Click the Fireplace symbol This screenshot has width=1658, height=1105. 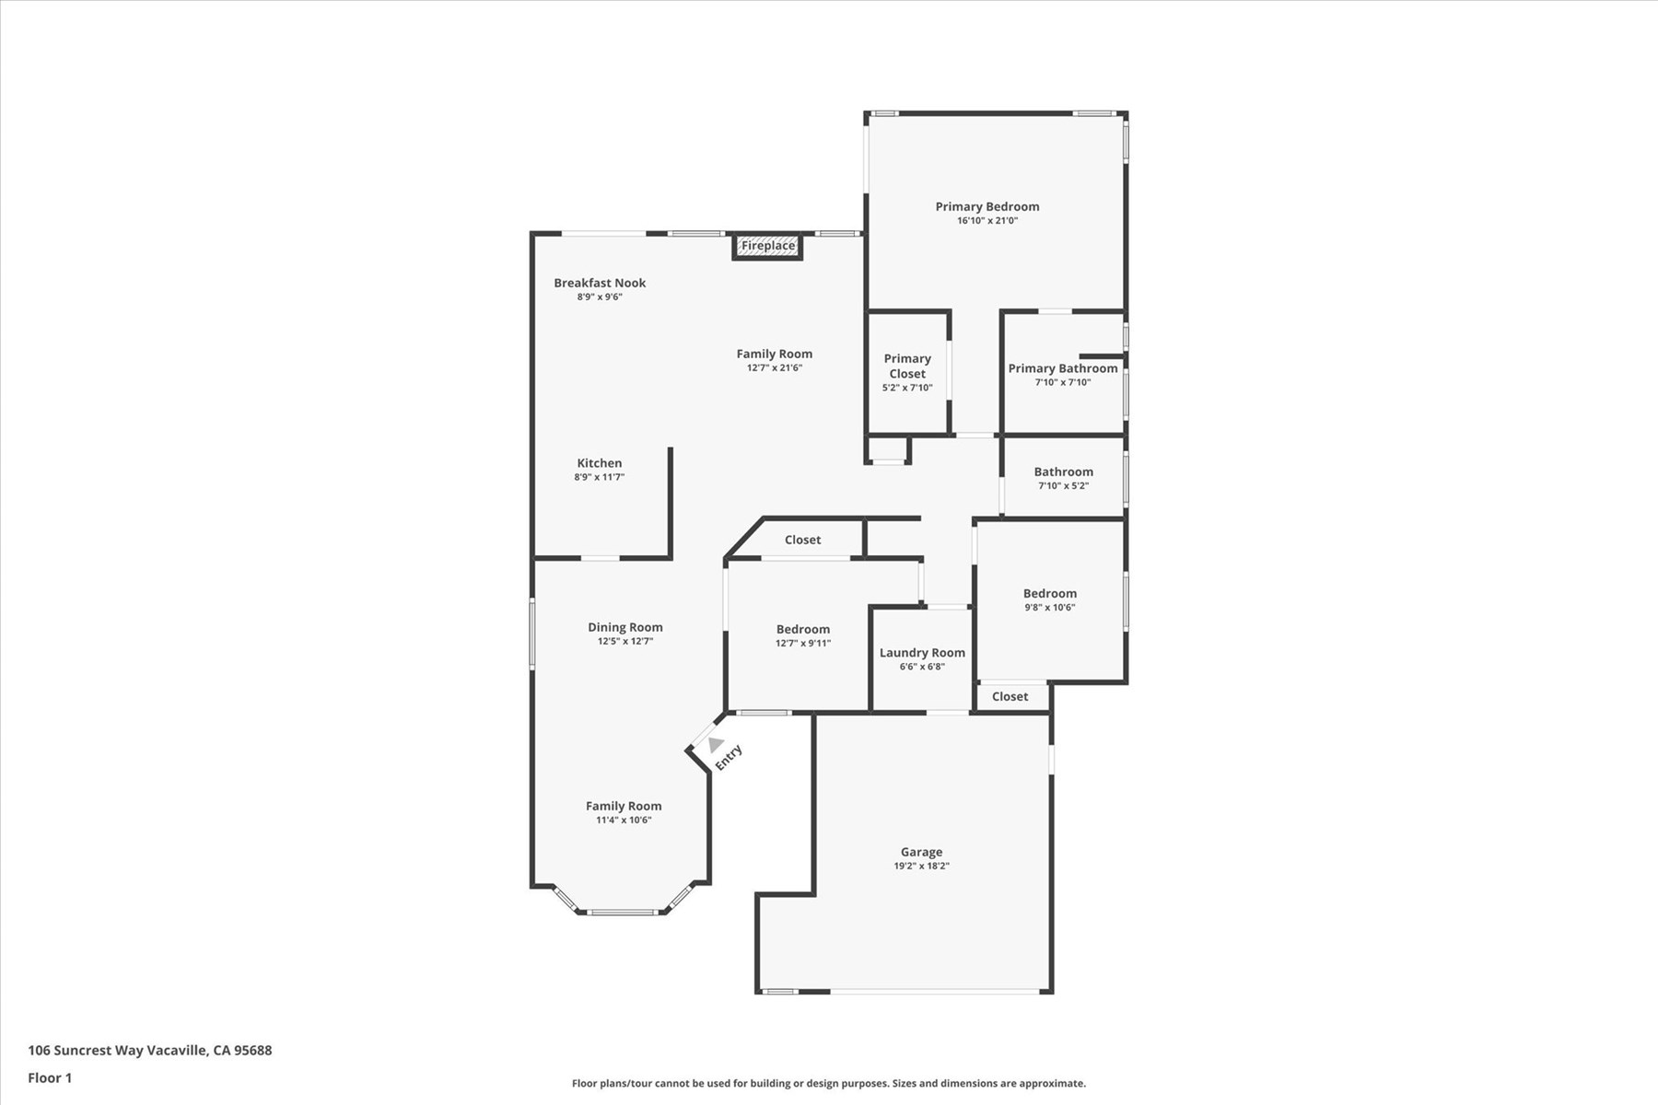tap(768, 246)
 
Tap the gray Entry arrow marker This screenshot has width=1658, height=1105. tap(716, 744)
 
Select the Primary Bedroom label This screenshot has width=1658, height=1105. tap(987, 207)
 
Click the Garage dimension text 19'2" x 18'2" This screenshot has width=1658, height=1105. tap(921, 867)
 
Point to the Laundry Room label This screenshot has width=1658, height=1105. tap(922, 653)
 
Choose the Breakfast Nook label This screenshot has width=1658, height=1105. tap(600, 283)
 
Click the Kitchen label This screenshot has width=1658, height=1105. tap(600, 463)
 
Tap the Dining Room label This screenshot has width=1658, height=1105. tap(625, 628)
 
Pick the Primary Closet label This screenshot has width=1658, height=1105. tap(907, 366)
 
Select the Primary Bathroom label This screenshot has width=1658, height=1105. tap(1063, 368)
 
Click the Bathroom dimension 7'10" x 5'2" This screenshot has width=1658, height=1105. tap(1064, 486)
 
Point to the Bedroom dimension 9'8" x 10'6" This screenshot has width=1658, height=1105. tap(1050, 608)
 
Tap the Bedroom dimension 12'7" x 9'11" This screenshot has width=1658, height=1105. tap(803, 644)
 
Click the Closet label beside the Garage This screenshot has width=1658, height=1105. tap(1010, 696)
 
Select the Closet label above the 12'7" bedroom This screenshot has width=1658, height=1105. tap(803, 540)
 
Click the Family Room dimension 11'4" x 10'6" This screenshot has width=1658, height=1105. tap(624, 820)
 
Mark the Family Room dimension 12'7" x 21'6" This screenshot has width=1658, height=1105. tap(775, 368)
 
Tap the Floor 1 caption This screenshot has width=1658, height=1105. tap(50, 1078)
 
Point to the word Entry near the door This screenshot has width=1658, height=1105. tap(729, 757)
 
